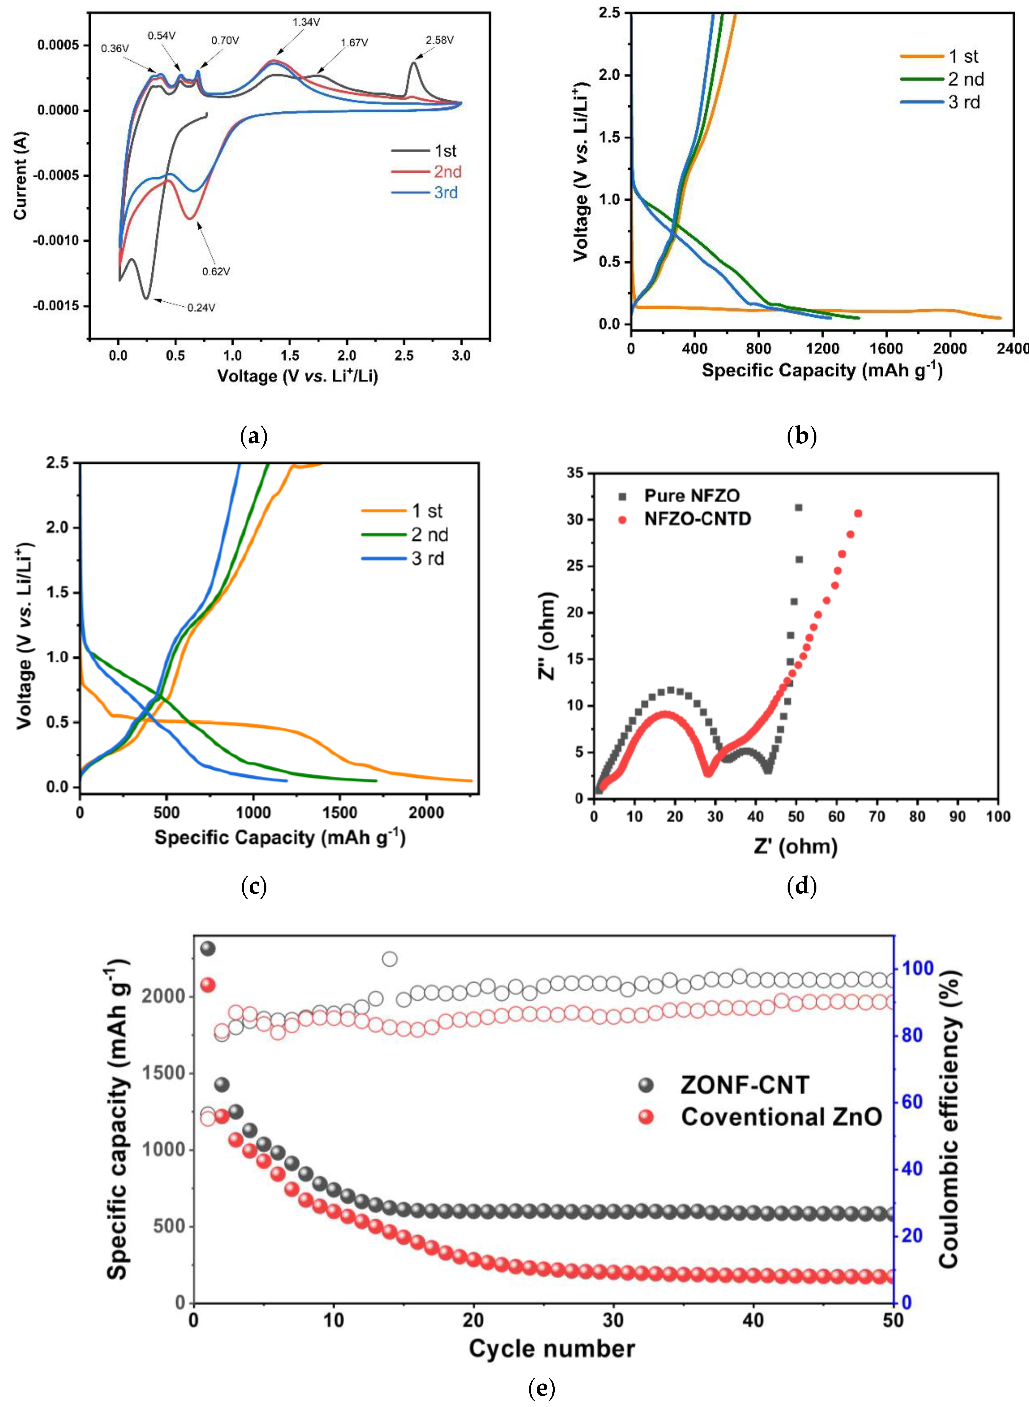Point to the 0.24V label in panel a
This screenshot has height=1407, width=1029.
201,307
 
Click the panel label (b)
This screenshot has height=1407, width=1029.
802,436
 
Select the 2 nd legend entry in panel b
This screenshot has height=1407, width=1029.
965,79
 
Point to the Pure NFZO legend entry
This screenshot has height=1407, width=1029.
691,496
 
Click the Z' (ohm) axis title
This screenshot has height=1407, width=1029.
795,846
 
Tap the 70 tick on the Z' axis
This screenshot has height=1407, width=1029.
877,816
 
